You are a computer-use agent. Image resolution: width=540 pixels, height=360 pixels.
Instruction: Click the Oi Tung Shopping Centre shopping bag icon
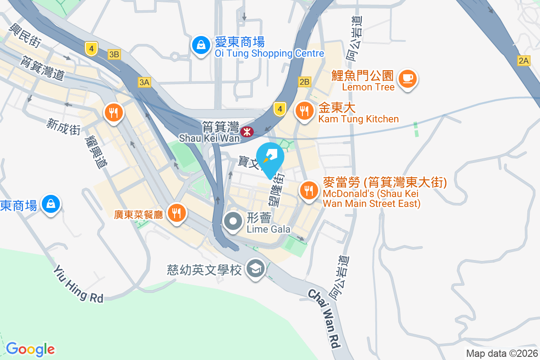(x=200, y=45)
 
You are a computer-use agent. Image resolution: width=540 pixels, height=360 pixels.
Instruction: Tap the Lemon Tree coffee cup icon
(x=408, y=78)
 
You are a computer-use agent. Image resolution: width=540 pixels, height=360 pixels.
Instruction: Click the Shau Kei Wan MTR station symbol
(x=247, y=132)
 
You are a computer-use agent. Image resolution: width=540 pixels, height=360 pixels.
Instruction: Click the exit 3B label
(x=114, y=54)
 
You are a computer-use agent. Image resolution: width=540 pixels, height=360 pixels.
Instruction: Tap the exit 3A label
(x=144, y=82)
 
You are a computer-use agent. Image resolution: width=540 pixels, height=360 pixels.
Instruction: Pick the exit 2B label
(x=304, y=81)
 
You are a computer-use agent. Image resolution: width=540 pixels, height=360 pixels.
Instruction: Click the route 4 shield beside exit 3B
(x=91, y=48)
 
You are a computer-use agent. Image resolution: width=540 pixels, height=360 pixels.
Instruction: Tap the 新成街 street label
(x=63, y=126)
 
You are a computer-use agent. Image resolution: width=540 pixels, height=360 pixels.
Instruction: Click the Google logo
(x=31, y=349)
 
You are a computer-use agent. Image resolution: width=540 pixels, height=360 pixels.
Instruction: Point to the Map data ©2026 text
(x=501, y=353)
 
